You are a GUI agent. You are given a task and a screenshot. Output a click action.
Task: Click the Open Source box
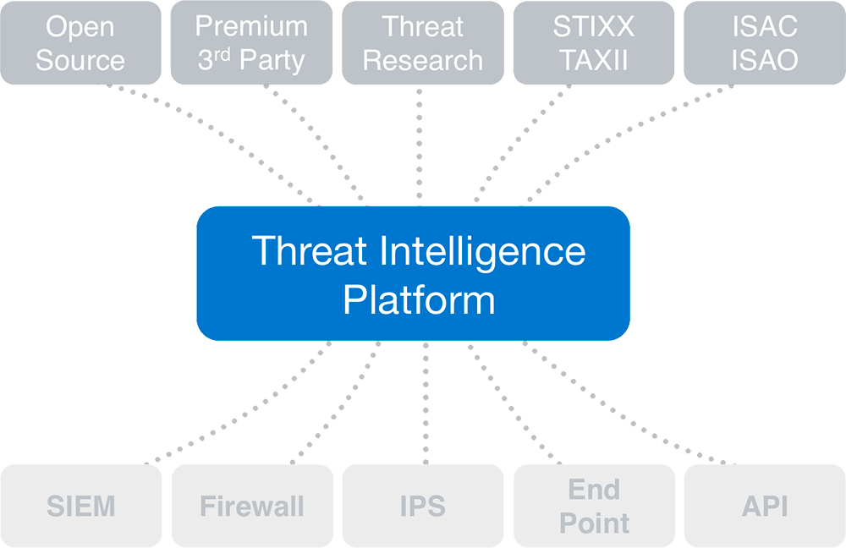(80, 42)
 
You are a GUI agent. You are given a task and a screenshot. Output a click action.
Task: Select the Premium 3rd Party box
(251, 42)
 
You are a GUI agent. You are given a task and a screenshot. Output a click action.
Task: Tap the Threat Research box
(422, 42)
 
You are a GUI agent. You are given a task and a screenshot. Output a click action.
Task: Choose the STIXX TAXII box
(593, 42)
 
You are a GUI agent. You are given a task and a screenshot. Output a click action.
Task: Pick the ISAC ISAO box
(764, 42)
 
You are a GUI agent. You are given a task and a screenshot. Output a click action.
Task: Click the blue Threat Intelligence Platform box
(413, 273)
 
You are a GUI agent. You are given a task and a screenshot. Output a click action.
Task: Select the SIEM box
(80, 506)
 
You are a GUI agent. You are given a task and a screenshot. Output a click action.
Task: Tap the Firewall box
(251, 506)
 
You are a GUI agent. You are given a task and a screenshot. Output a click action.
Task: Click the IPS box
(422, 506)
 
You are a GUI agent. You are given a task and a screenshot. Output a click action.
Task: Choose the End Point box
(593, 506)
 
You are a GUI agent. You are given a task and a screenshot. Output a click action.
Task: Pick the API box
(764, 506)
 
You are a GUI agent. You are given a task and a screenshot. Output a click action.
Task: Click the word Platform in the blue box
(419, 300)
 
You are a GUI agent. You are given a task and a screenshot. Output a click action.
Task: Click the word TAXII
(594, 61)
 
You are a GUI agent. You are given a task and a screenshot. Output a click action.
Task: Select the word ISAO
(765, 61)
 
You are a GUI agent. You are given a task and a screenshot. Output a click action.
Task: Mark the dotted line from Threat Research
(420, 144)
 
